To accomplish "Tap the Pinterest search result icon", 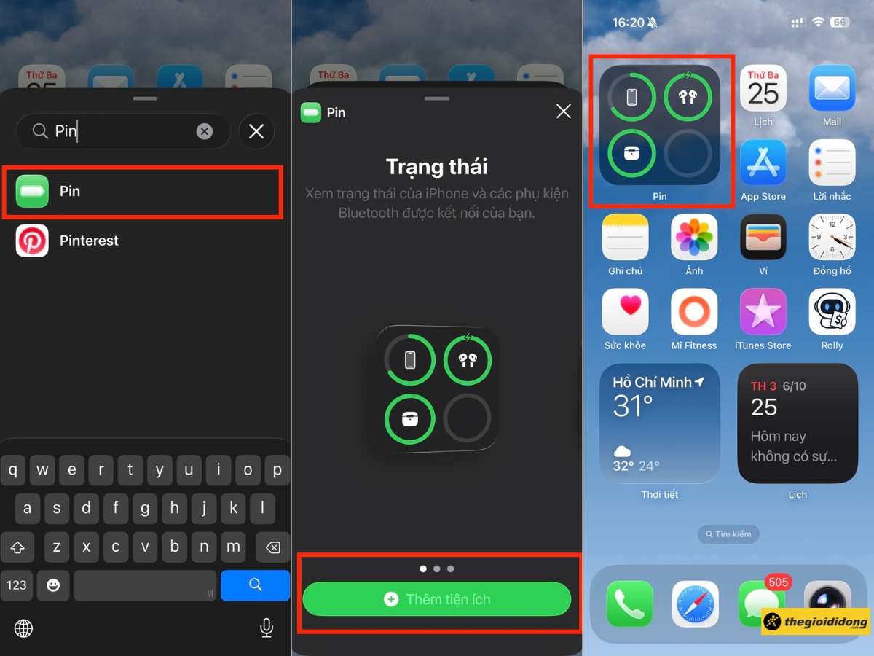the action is click(32, 241).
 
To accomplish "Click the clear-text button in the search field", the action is click(204, 131).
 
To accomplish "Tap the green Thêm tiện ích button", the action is click(437, 599).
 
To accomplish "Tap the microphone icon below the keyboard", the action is click(267, 628).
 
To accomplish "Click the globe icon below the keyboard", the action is click(23, 628).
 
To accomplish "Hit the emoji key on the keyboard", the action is click(53, 585).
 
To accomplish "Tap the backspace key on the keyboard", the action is click(272, 547).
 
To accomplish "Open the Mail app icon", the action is click(832, 88).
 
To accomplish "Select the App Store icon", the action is click(763, 163).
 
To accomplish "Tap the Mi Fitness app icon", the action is click(694, 311).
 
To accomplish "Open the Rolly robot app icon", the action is click(832, 311).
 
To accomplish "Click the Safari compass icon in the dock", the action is click(696, 604).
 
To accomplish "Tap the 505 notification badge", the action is click(778, 582).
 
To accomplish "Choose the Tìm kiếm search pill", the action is click(728, 534).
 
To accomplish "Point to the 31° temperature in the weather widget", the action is click(633, 406).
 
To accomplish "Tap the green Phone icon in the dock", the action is click(629, 604).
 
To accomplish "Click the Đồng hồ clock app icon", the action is click(832, 237).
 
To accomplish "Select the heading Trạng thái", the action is click(437, 166).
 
